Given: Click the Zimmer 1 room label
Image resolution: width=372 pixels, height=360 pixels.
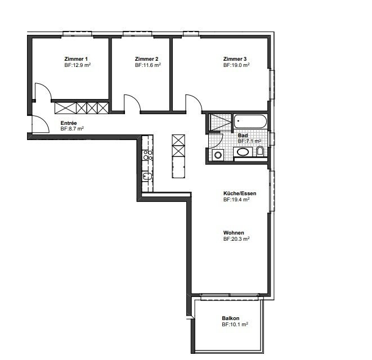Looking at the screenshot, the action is tap(76, 59).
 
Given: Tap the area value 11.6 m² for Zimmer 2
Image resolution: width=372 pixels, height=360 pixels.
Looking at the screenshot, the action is tap(148, 65).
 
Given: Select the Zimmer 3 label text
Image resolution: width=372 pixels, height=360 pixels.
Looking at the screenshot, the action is tap(235, 59).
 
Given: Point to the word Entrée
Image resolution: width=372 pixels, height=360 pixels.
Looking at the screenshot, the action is tap(69, 123).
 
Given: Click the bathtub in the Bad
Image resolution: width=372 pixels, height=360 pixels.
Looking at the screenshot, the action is tap(250, 121).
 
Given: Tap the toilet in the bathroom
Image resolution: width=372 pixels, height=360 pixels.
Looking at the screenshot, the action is tap(260, 151).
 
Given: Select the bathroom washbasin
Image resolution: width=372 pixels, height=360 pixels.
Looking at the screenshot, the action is tap(243, 152).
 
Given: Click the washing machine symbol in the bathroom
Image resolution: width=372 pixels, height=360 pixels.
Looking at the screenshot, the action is tap(218, 155).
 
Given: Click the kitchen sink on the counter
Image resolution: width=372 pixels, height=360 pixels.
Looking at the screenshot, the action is tap(147, 176).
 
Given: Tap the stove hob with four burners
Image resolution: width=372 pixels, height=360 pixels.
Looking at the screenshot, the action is tap(147, 155).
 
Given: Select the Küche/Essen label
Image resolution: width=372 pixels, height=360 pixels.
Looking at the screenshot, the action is tap(240, 193).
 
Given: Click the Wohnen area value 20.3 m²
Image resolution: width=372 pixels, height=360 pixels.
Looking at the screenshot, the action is tap(236, 239).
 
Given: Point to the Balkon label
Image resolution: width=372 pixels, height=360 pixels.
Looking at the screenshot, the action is tap(231, 318).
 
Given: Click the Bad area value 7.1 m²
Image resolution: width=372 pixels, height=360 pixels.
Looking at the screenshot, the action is tap(249, 141).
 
